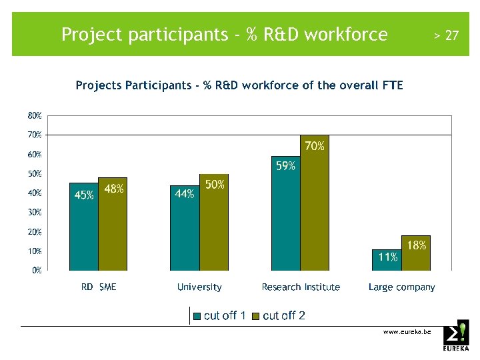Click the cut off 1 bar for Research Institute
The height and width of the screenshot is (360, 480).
point(286,217)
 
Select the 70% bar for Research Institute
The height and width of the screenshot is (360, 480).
point(315,207)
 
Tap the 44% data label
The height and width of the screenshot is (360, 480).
point(185,194)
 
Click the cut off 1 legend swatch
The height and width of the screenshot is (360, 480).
point(197,316)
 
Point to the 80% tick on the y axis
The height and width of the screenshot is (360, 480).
point(35,115)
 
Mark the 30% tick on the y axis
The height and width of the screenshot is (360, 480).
point(35,213)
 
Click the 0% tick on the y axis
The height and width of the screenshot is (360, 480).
point(37,271)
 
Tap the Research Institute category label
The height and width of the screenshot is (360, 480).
point(301,287)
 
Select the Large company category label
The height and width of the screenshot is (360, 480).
point(401,287)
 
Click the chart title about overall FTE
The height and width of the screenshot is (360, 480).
point(239,85)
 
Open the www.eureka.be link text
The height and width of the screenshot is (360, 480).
point(407,331)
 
